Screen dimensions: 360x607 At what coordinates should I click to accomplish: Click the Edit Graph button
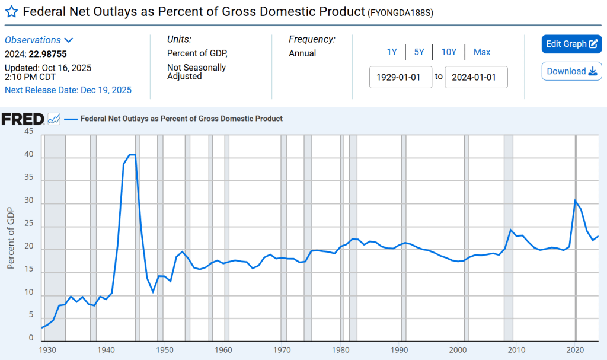coord(571,44)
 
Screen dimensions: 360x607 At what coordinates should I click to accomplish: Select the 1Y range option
coord(392,52)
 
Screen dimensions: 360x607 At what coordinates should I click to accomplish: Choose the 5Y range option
coord(419,52)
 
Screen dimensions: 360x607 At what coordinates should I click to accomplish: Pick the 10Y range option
coord(449,52)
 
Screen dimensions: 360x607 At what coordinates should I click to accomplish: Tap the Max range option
coord(482,52)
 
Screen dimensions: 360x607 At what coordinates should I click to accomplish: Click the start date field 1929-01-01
coord(401,77)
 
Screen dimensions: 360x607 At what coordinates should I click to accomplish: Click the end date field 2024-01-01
coord(476,77)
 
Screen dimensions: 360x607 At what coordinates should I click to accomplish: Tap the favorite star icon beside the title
coord(11,11)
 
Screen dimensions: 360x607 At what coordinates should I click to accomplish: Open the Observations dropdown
coord(39,40)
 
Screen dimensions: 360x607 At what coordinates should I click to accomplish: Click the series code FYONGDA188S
coord(400,12)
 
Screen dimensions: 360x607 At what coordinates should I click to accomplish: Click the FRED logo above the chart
coord(23,119)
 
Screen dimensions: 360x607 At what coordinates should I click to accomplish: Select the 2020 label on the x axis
coord(575,349)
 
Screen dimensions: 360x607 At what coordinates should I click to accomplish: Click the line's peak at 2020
coord(575,200)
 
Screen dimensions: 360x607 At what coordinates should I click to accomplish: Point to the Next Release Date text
coord(68,90)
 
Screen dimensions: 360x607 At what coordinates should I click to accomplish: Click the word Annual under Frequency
coord(302,53)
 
